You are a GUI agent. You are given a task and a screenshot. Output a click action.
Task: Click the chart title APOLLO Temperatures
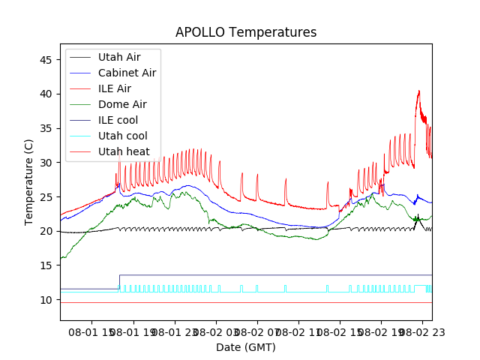pyautogui.click(x=245, y=32)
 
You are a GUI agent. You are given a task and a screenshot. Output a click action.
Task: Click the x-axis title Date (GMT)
pyautogui.click(x=245, y=347)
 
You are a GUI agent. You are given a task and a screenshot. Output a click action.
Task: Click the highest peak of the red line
pyautogui.click(x=418, y=91)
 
